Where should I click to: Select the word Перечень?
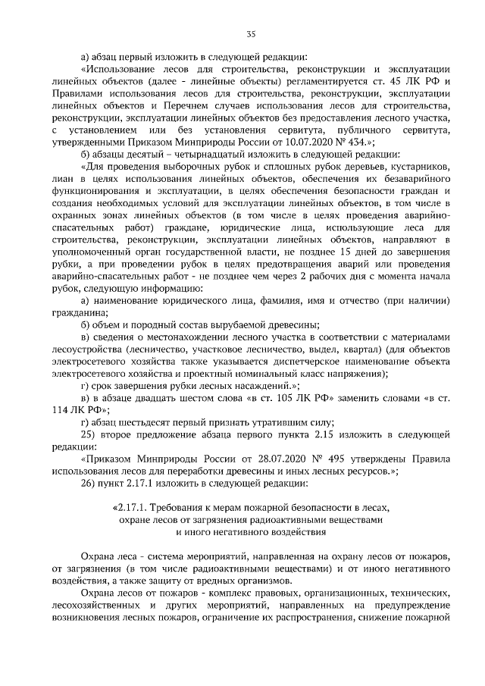pos(207,105)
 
